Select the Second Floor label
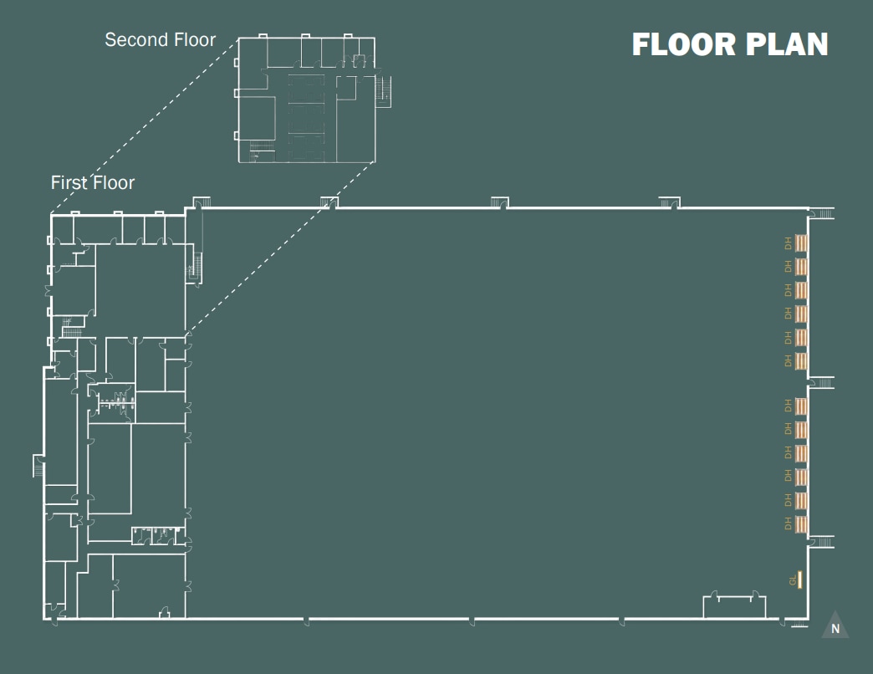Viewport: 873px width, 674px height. pyautogui.click(x=160, y=39)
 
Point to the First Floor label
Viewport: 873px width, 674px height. pyautogui.click(x=92, y=182)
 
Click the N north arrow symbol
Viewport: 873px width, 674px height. pyautogui.click(x=835, y=627)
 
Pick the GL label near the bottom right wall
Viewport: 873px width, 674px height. pyautogui.click(x=792, y=580)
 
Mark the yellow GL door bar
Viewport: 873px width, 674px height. pyautogui.click(x=800, y=579)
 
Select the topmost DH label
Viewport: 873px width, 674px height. pyautogui.click(x=788, y=243)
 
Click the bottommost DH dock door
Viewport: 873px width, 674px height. pyautogui.click(x=801, y=524)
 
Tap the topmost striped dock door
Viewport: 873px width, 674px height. pyautogui.click(x=801, y=243)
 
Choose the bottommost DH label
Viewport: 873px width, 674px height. pyautogui.click(x=788, y=524)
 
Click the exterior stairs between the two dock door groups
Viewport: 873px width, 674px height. pyautogui.click(x=822, y=382)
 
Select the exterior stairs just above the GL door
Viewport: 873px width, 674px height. pyautogui.click(x=823, y=541)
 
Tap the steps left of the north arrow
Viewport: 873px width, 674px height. pyautogui.click(x=799, y=624)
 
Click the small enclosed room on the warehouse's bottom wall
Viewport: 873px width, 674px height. pyautogui.click(x=733, y=606)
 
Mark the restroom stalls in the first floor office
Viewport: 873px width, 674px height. pyautogui.click(x=117, y=403)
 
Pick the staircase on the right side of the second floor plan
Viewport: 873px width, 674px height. pyautogui.click(x=385, y=89)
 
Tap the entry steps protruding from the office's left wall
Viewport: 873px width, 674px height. pyautogui.click(x=38, y=464)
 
